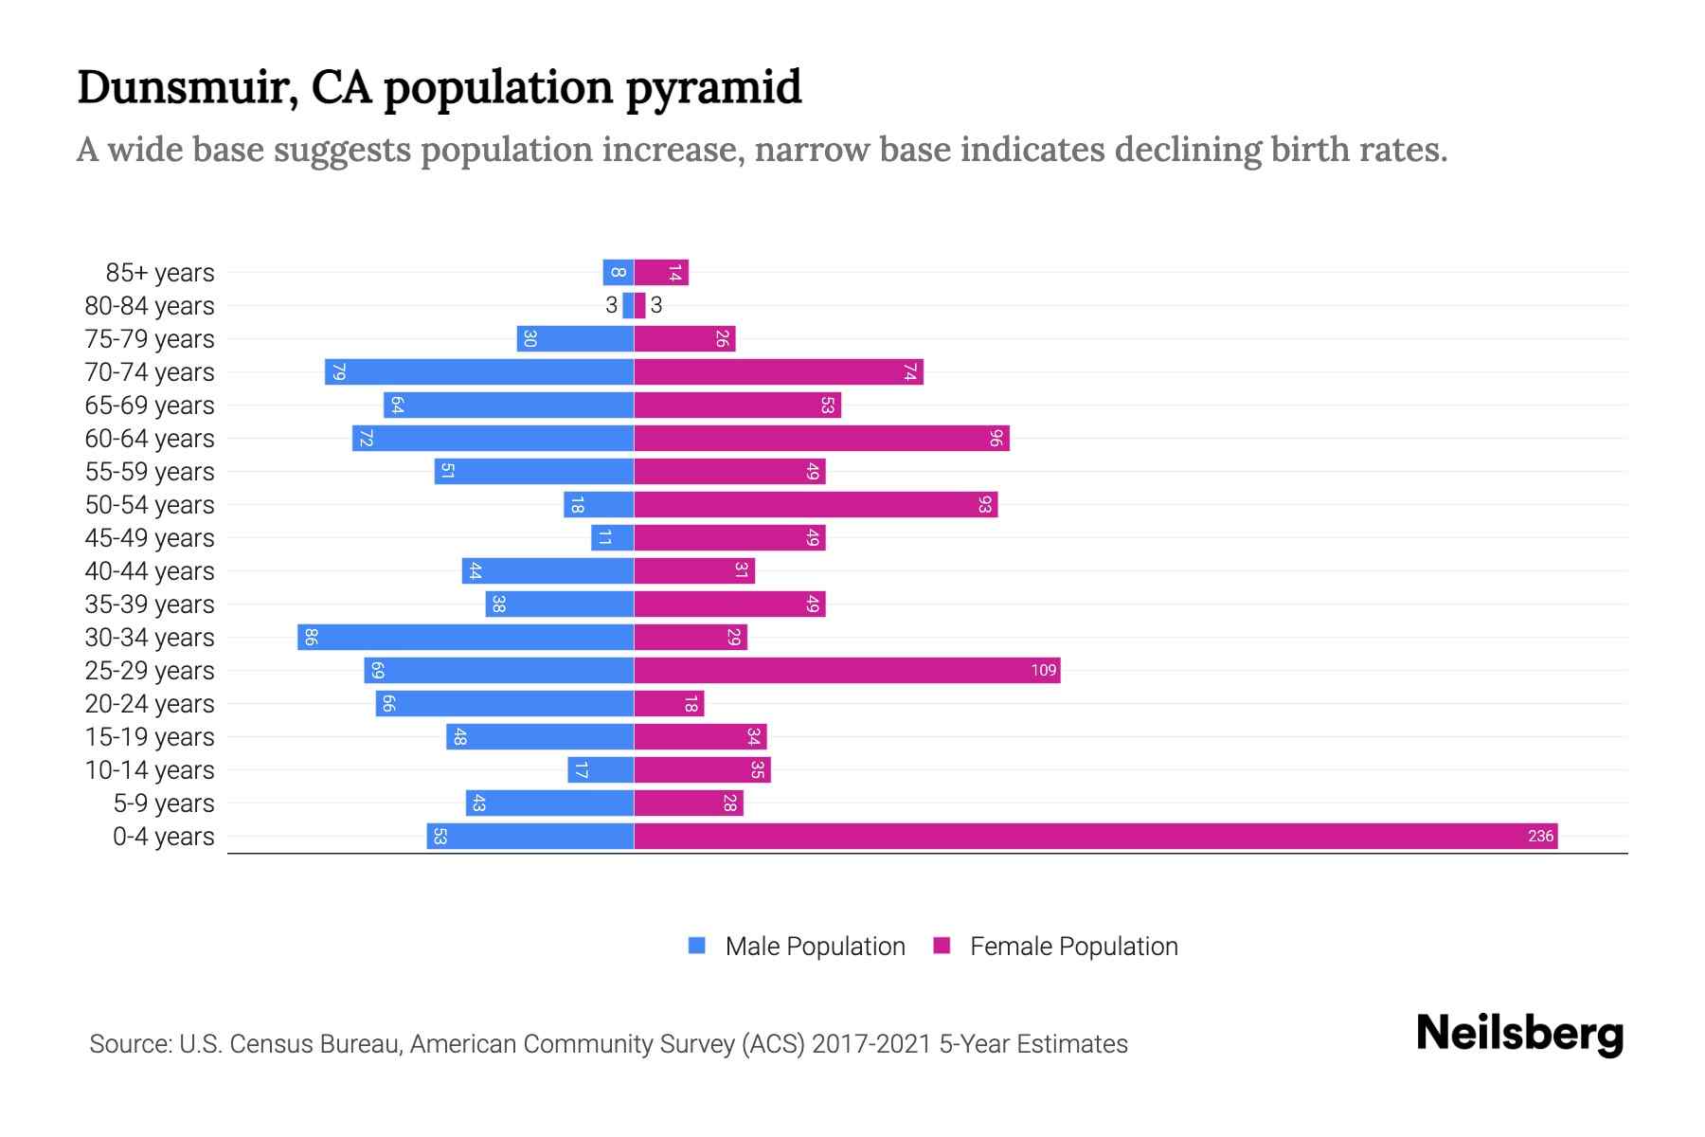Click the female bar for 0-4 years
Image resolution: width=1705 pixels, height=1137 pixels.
point(1095,836)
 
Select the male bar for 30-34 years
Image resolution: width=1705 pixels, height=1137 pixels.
point(465,637)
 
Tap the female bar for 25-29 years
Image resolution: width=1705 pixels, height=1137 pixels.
point(847,670)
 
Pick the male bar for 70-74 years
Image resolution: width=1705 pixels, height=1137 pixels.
point(479,371)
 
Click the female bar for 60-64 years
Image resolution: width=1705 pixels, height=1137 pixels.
point(821,438)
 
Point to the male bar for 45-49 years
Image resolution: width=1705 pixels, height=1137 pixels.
point(612,537)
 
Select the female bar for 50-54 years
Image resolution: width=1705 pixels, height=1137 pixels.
point(816,504)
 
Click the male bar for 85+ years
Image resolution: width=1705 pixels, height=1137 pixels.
point(618,272)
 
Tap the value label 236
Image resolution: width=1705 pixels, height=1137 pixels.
point(1540,836)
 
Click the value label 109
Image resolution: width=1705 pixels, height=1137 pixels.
point(1043,670)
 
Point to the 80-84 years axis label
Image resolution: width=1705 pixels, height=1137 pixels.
point(150,305)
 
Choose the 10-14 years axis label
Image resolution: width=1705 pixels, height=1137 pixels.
point(150,769)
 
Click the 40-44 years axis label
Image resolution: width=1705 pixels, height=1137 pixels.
point(150,570)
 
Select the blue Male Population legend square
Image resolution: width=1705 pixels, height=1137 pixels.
point(697,946)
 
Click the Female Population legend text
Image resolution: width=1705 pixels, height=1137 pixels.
point(1073,946)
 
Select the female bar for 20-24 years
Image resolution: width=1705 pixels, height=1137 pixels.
point(669,703)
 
